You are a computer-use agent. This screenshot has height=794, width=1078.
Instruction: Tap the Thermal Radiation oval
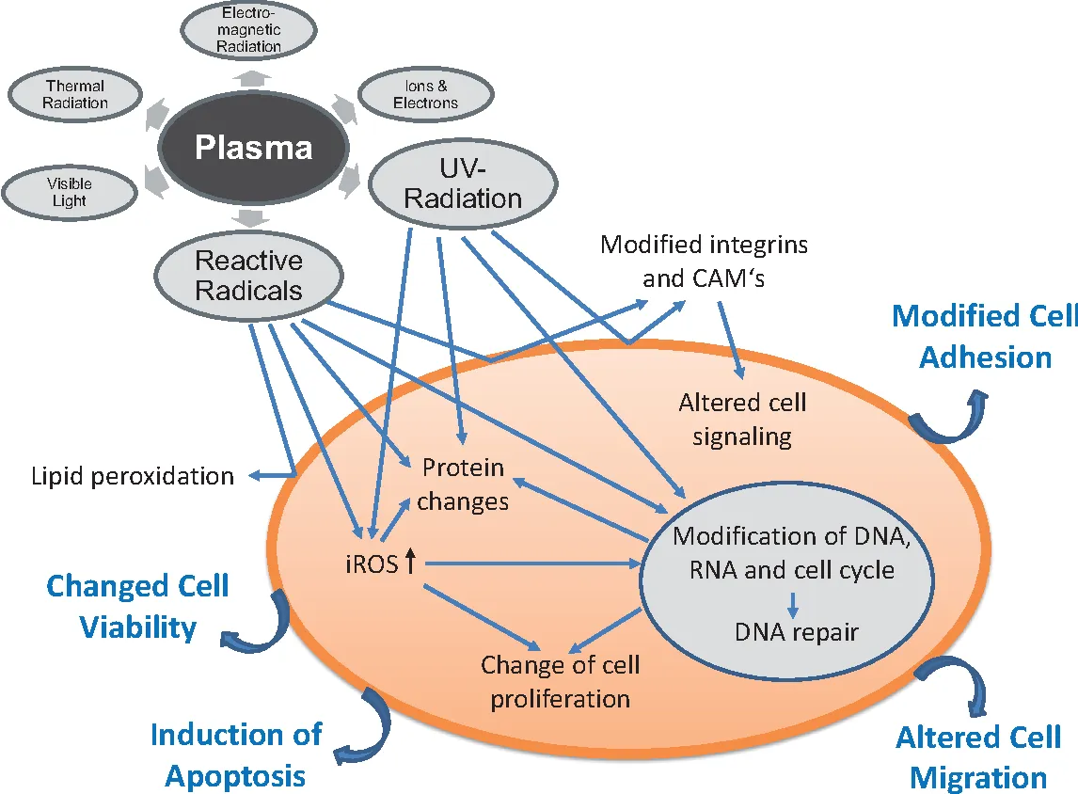pos(74,95)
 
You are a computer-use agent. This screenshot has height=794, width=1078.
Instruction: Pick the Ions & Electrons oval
pos(426,94)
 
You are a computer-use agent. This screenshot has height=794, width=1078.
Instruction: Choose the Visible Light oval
pos(68,193)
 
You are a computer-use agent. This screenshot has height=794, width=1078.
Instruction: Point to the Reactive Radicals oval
pos(248,275)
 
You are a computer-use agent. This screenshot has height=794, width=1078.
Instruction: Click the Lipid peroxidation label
pos(133,476)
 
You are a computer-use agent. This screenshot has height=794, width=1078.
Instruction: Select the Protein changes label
pos(463,484)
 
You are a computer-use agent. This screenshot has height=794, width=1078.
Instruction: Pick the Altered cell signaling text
pos(743,420)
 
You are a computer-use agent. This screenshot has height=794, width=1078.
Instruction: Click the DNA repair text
pos(797,631)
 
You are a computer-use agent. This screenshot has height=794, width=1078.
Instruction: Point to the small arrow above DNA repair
pos(793,602)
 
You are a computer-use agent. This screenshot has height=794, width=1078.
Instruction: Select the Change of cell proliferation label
pos(560,681)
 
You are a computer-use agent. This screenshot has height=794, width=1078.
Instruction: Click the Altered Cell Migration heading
pos(978,756)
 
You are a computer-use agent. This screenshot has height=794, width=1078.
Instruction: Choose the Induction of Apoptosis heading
pos(236,754)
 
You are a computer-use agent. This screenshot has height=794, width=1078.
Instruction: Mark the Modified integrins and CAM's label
pos(705,262)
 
